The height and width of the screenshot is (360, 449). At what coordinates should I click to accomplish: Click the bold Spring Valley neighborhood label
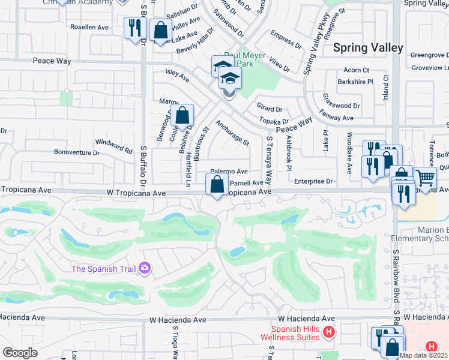[368, 47]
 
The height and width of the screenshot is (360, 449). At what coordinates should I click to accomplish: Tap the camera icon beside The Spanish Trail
[145, 268]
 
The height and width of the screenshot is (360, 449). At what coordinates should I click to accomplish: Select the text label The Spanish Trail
[103, 269]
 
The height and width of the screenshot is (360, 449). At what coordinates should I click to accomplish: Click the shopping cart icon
[425, 178]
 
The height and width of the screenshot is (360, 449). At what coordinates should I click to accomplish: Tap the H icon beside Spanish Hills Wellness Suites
[328, 331]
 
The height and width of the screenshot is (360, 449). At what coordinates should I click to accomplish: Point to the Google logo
[20, 353]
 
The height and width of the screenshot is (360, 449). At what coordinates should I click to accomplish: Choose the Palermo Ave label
[229, 172]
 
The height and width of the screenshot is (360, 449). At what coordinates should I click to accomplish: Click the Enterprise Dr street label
[313, 181]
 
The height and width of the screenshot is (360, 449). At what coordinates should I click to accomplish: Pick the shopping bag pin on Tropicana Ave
[217, 184]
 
